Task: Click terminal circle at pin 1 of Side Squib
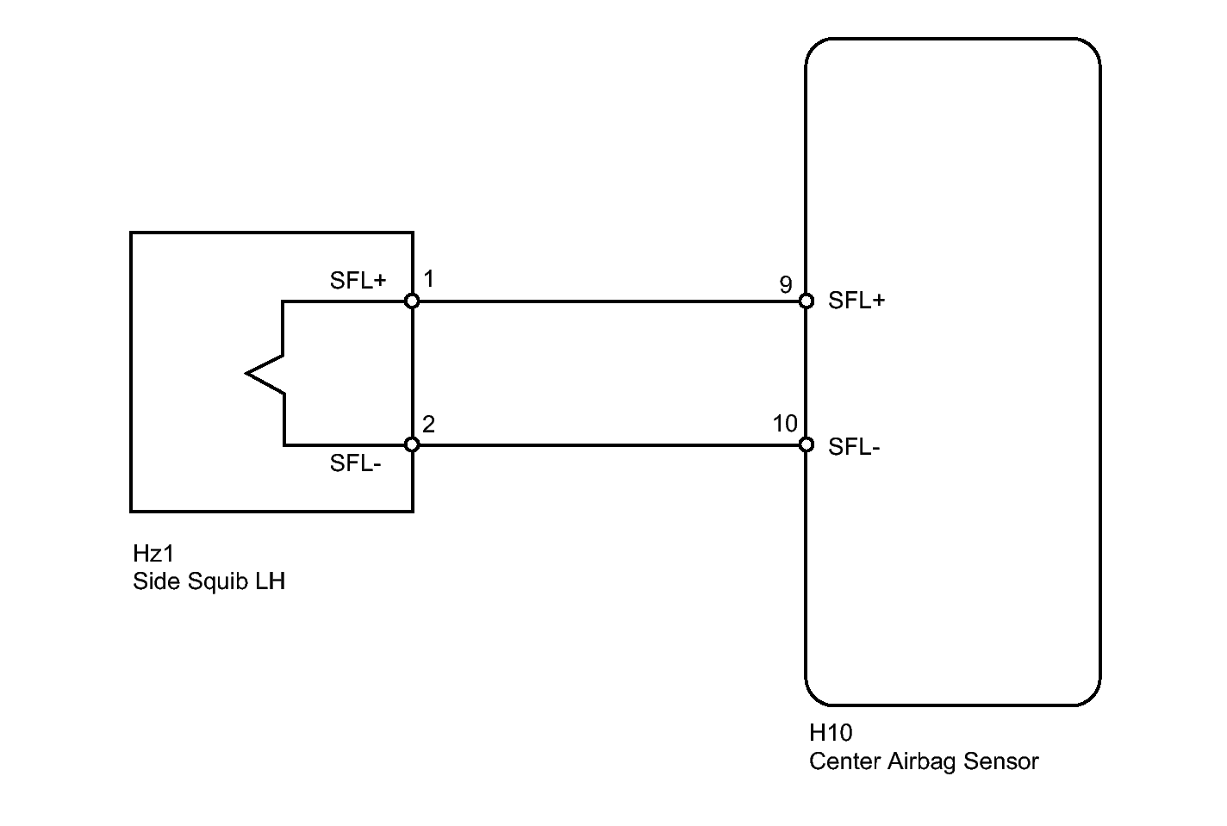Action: pyautogui.click(x=412, y=301)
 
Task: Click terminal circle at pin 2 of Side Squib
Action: pyautogui.click(x=412, y=444)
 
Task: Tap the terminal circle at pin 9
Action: pyautogui.click(x=806, y=301)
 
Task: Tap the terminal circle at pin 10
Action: pyautogui.click(x=806, y=444)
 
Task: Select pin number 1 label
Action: pyautogui.click(x=429, y=278)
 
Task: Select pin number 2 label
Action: pyautogui.click(x=428, y=425)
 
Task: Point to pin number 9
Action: pyautogui.click(x=786, y=284)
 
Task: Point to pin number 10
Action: pyautogui.click(x=785, y=424)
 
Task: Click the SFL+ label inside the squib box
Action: pyautogui.click(x=358, y=281)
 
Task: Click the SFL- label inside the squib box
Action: pyautogui.click(x=355, y=463)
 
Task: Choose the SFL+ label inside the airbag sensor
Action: pyautogui.click(x=856, y=301)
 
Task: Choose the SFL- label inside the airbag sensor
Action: pyautogui.click(x=854, y=447)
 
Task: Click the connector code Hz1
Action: pyautogui.click(x=153, y=554)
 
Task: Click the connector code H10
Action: pyautogui.click(x=831, y=732)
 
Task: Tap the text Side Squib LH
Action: pyautogui.click(x=209, y=581)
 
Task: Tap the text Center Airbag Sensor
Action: pyautogui.click(x=924, y=761)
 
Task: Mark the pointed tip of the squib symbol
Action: pyautogui.click(x=246, y=374)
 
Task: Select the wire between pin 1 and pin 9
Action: pyautogui.click(x=609, y=301)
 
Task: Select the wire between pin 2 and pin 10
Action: pyautogui.click(x=609, y=445)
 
